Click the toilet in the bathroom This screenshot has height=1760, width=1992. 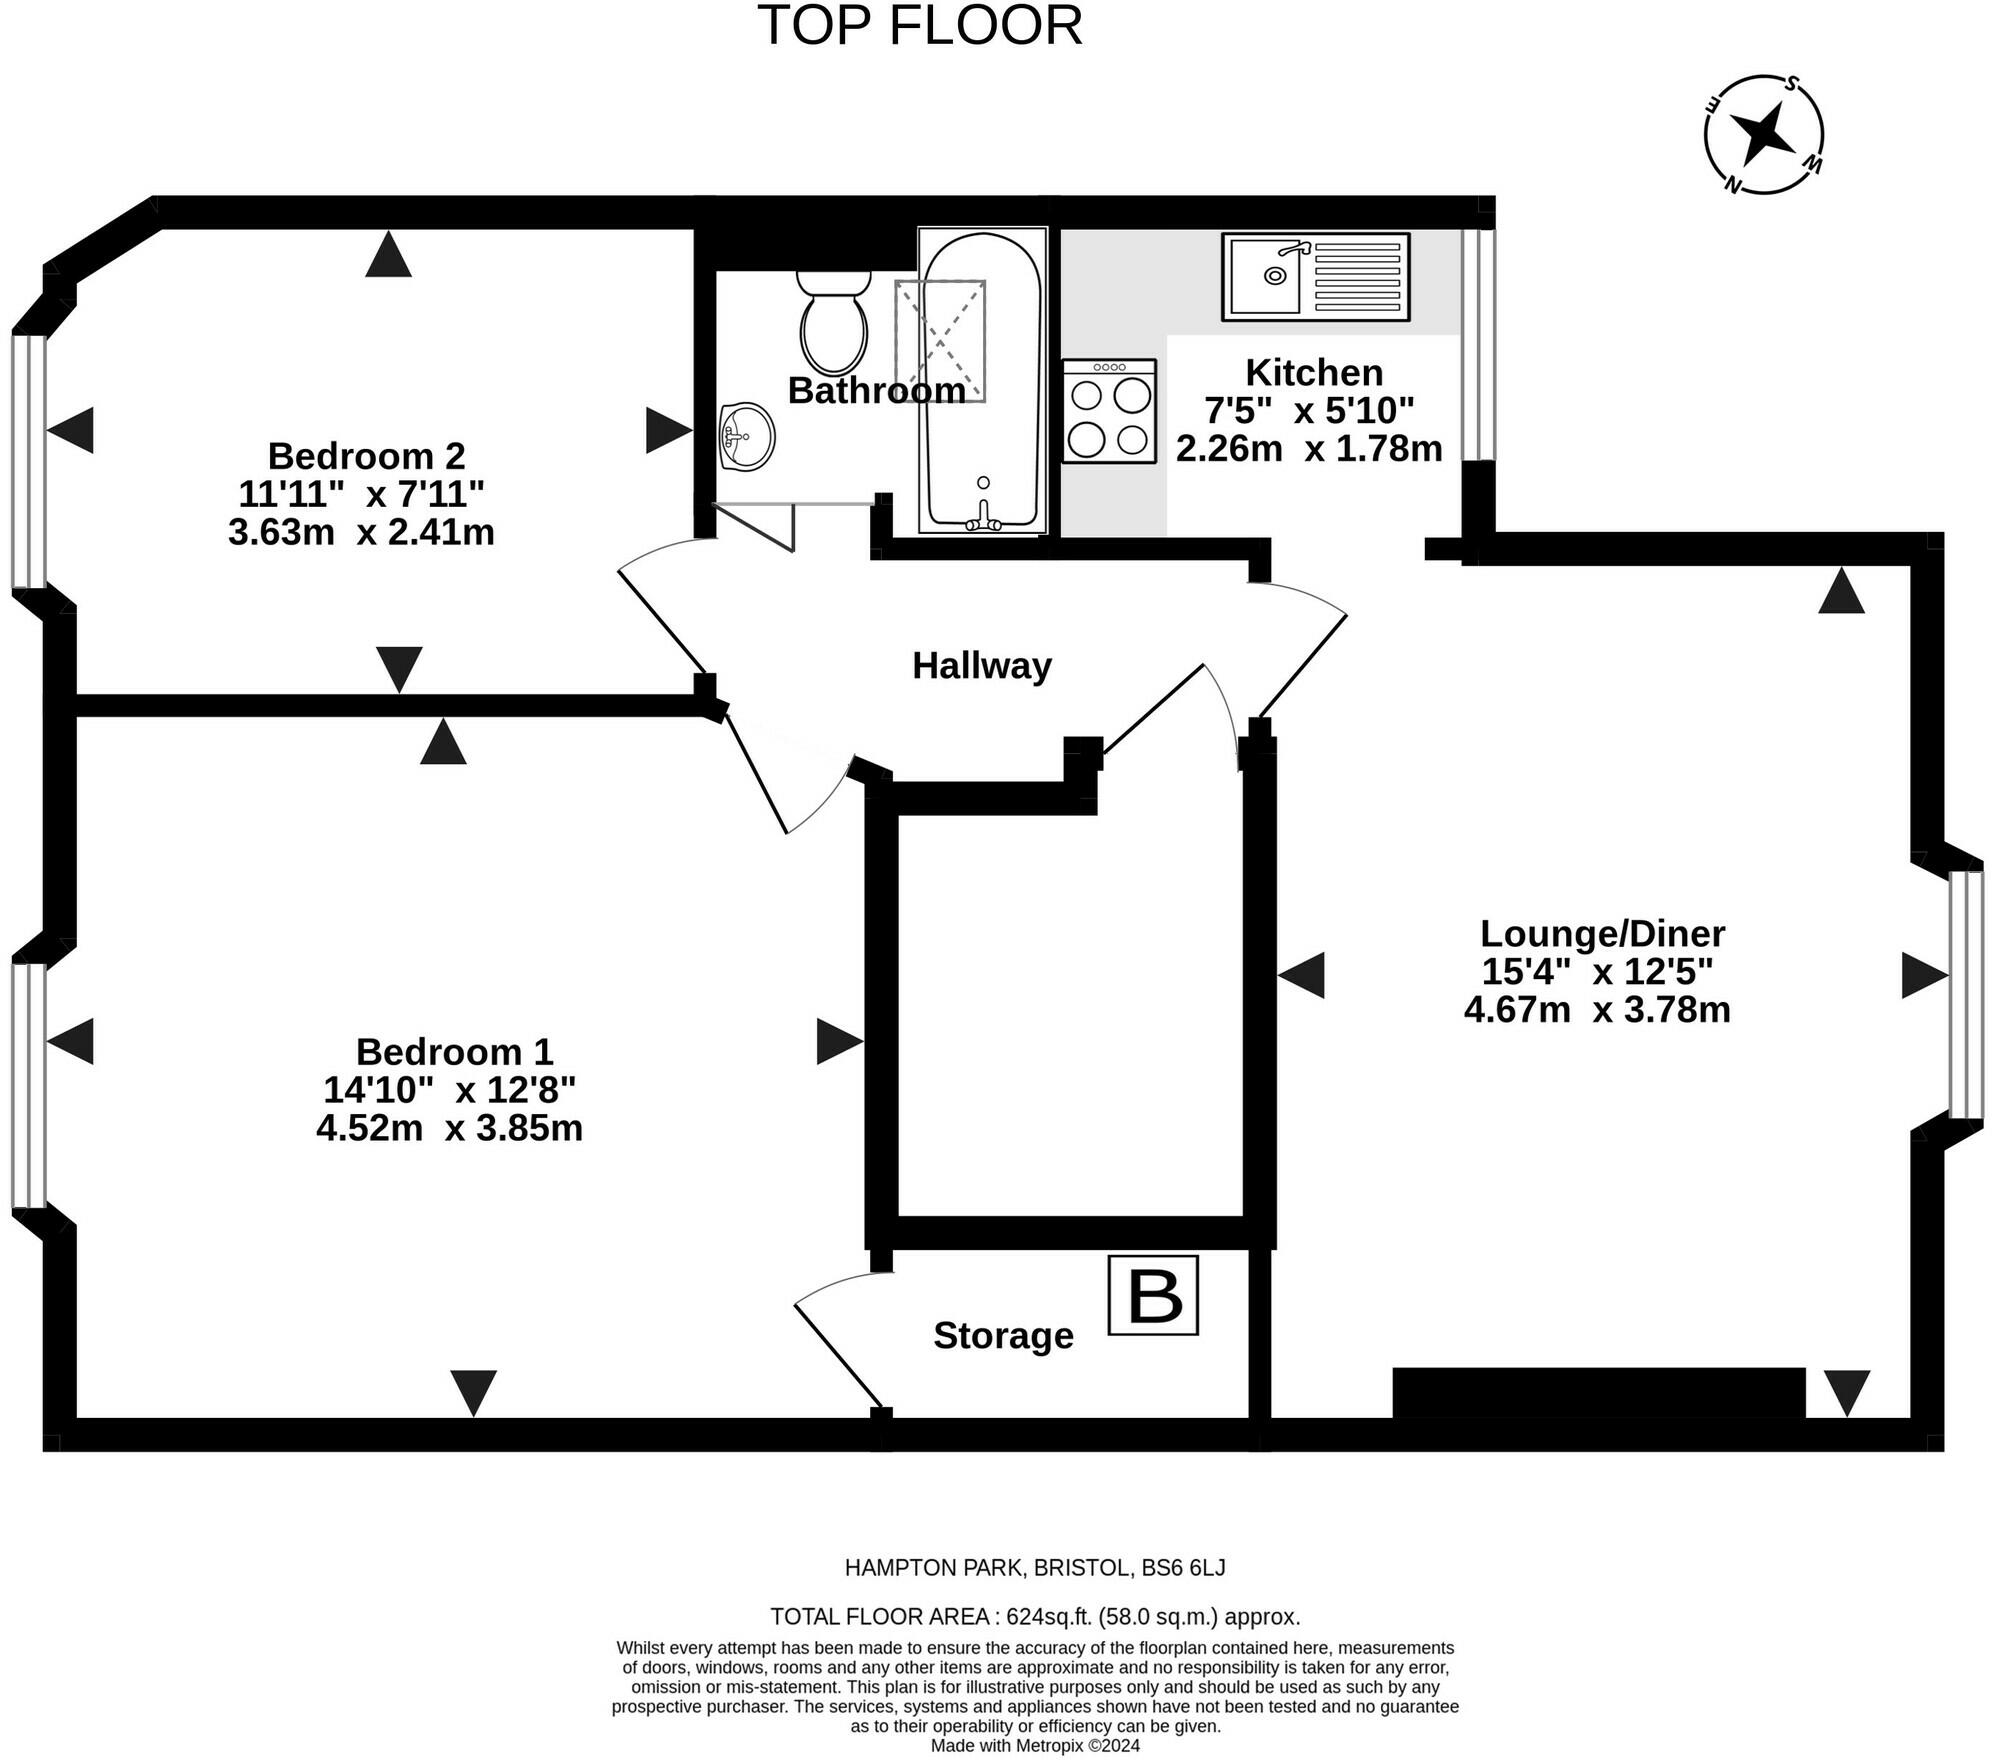[833, 322]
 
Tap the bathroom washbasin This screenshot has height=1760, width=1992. [746, 436]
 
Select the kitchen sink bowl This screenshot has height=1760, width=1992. [1265, 276]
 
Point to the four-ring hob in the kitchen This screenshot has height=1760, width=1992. [1109, 411]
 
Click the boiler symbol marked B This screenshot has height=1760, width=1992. [1153, 1295]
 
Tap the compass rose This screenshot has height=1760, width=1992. [1764, 134]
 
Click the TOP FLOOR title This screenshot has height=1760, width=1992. [920, 25]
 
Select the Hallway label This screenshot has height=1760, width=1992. [982, 666]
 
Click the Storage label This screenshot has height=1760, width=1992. [1003, 1336]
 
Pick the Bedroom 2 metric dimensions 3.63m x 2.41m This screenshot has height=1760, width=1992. [361, 532]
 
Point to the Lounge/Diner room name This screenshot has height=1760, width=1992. [1602, 934]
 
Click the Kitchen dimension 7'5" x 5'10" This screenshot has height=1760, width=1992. [1309, 410]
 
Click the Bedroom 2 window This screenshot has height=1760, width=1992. [29, 461]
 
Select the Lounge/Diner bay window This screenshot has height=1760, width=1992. [1966, 995]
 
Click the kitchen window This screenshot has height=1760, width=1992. [1478, 344]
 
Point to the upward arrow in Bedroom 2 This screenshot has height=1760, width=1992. [388, 254]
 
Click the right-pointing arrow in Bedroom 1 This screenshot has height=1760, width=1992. [840, 1041]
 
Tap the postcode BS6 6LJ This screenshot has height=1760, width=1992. [1183, 1568]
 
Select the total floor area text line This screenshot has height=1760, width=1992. [1035, 1617]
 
